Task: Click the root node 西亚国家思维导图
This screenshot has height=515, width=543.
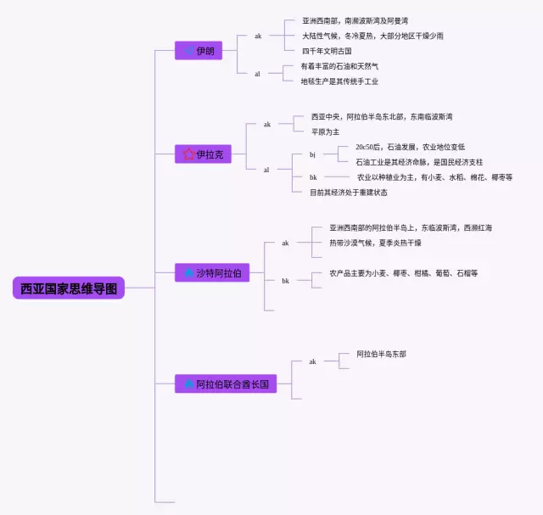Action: coord(69,288)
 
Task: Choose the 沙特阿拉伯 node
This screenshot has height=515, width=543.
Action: coord(213,272)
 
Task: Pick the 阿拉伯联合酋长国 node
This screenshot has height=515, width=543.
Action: coord(226,383)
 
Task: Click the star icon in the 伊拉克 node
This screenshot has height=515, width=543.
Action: coord(188,154)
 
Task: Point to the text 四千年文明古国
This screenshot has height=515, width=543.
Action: coord(327,51)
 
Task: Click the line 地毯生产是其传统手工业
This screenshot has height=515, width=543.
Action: coord(339,81)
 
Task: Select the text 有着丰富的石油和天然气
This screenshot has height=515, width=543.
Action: coord(339,66)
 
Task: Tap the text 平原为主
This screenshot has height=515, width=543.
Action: coord(325,132)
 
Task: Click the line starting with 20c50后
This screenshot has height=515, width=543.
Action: coord(410,147)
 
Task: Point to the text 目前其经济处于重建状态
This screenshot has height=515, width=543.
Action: coord(349,193)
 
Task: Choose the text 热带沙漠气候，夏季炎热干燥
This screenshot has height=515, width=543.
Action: coord(375,243)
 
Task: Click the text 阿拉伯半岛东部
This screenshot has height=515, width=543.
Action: coord(381,353)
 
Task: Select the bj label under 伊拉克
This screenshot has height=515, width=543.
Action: coord(312,154)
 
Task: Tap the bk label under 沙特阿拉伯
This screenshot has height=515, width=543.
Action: coord(286,280)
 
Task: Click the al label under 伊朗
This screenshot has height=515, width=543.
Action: coord(258,74)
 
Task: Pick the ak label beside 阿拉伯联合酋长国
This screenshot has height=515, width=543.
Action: coord(312,361)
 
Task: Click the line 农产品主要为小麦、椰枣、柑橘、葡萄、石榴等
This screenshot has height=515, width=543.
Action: coord(403,273)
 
